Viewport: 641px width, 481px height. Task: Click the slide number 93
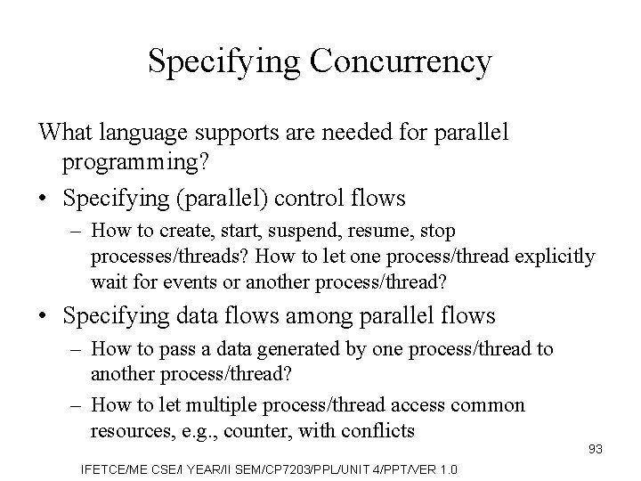(x=595, y=449)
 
